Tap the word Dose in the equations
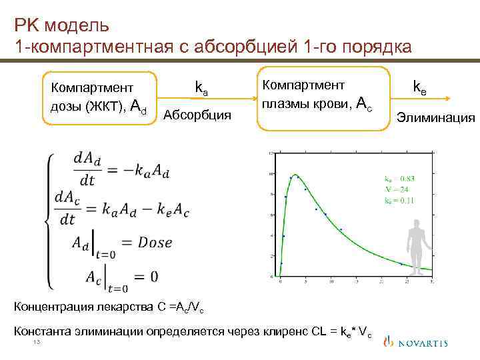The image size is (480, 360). coord(155,242)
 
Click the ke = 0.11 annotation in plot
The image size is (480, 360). coord(399,200)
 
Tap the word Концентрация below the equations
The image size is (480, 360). coord(50,307)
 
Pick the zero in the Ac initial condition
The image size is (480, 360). coord(155,275)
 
